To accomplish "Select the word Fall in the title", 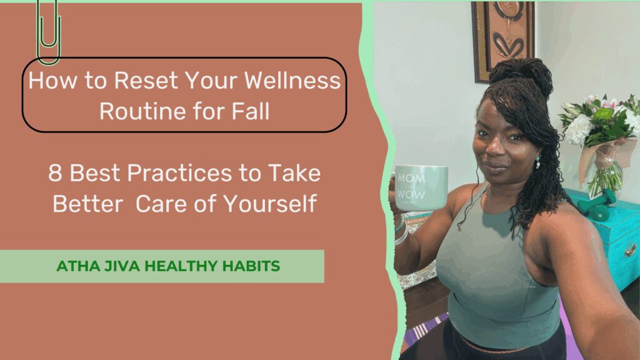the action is point(251,111).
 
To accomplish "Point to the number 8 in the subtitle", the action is point(55,173).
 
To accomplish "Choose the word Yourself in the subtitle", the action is point(270,203).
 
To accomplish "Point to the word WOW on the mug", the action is point(411,194).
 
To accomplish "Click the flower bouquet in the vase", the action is point(601,122).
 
